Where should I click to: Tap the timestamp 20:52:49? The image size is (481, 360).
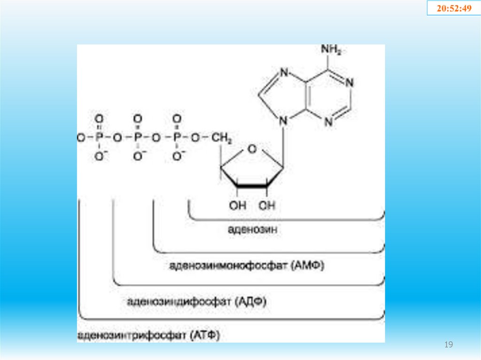[x=453, y=8]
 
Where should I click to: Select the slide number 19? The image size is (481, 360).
[x=449, y=345]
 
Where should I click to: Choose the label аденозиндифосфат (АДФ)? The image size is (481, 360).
[x=196, y=301]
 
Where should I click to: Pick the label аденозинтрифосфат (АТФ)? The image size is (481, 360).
[x=148, y=336]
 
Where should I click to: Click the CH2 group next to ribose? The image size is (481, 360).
[x=220, y=138]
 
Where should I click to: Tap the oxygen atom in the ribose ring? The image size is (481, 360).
[x=252, y=149]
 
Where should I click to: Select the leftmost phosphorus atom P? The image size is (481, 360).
[x=99, y=138]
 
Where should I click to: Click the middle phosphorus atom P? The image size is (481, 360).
[x=138, y=138]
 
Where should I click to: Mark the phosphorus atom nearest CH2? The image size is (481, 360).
[x=177, y=138]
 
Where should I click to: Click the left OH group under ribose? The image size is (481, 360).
[x=238, y=205]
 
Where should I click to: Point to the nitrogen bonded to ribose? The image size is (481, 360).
[x=282, y=121]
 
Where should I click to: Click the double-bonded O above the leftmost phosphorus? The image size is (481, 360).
[x=99, y=118]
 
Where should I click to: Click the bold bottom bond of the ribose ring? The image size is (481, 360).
[x=253, y=187]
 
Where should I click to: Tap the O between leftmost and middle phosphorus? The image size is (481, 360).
[x=118, y=138]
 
